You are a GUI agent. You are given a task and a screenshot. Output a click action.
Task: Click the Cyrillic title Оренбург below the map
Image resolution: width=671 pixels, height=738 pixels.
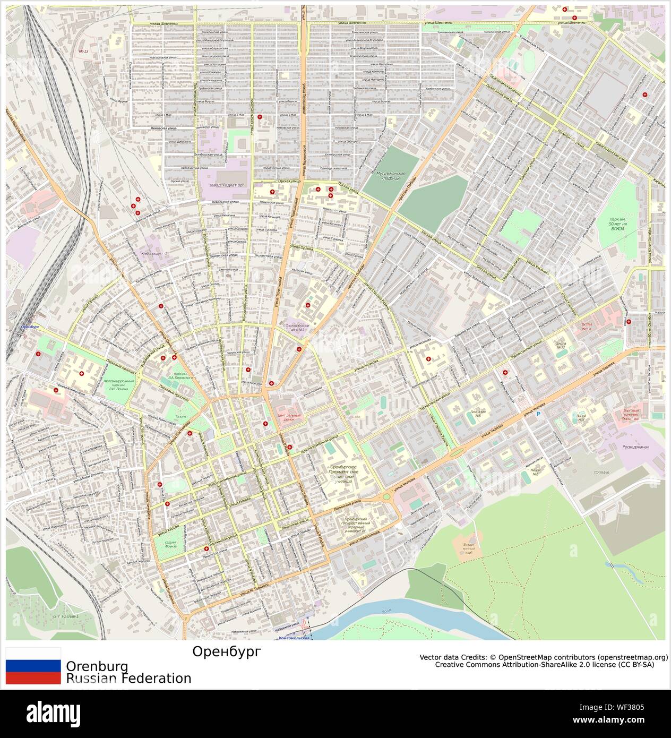point(227,651)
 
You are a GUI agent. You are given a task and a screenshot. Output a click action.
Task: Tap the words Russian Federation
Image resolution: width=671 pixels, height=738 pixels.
point(128,678)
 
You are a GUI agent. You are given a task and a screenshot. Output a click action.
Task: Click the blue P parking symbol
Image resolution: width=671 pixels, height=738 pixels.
point(538,414)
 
